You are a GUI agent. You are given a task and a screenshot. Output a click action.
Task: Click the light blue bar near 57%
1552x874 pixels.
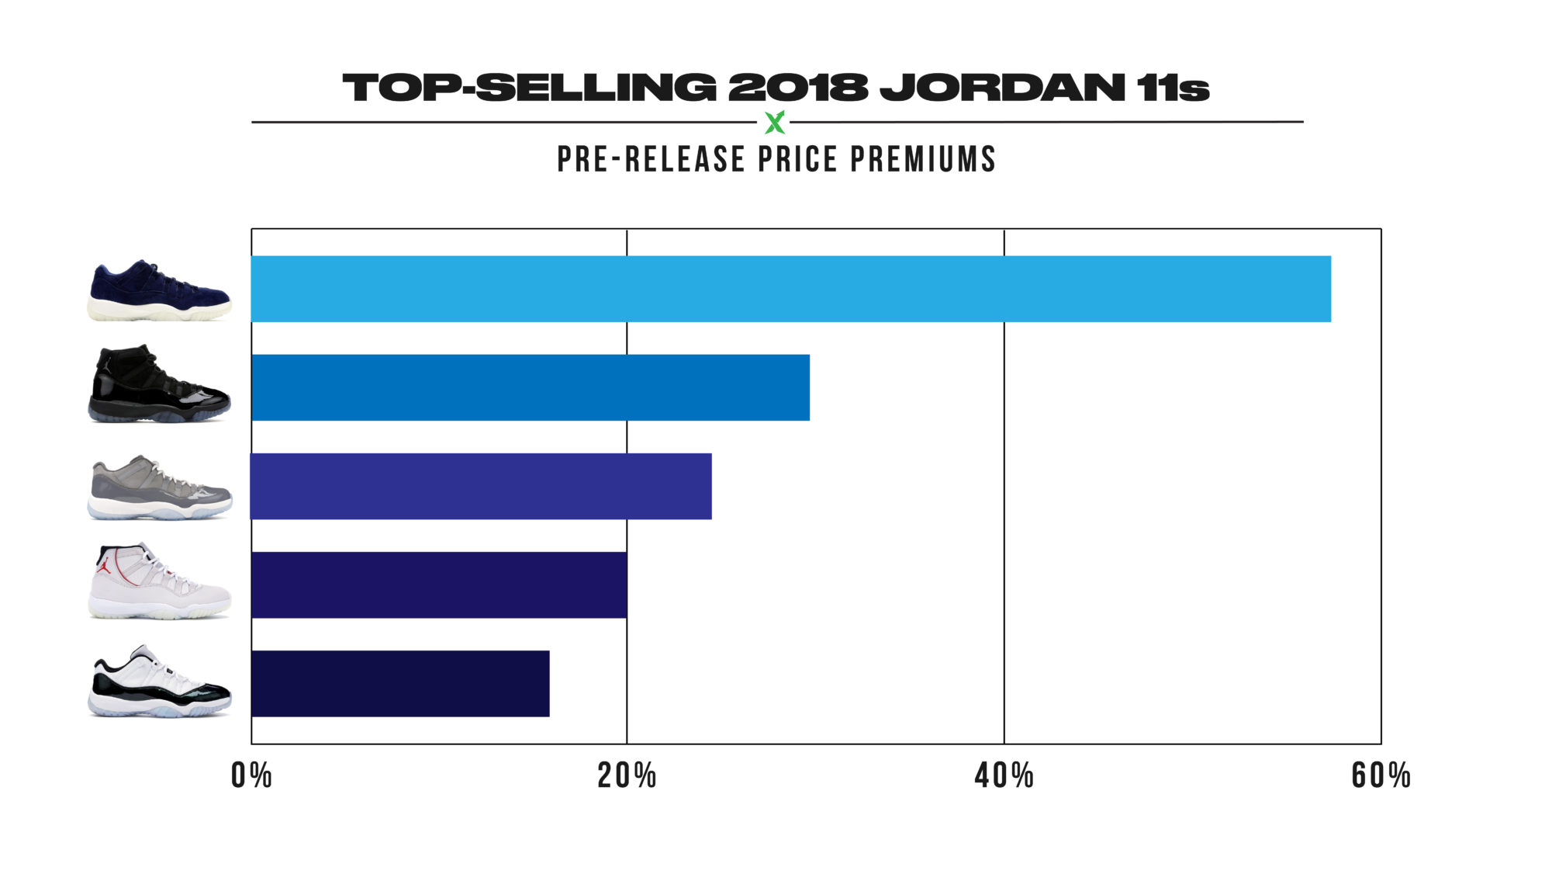click(791, 289)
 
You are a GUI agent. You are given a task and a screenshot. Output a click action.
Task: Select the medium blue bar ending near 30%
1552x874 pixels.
click(531, 387)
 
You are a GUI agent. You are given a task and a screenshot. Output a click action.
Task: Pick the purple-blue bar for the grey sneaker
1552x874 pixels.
click(481, 486)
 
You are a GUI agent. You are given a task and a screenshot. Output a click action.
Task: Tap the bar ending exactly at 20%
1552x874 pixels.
click(439, 584)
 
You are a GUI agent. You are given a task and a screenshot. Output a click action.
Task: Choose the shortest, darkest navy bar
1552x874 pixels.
click(400, 683)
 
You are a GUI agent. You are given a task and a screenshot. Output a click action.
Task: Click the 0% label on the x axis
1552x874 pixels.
click(251, 775)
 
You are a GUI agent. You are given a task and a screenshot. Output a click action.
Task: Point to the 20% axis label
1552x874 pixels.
click(627, 775)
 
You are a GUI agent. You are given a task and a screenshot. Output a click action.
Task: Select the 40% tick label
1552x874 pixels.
click(1004, 775)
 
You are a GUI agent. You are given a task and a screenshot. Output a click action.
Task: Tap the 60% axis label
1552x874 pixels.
click(1381, 775)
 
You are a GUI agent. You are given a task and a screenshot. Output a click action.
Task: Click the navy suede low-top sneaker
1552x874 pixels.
click(159, 291)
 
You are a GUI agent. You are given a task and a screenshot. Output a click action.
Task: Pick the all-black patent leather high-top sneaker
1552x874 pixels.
click(159, 386)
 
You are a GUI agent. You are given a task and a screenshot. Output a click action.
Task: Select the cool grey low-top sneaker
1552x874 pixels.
click(159, 487)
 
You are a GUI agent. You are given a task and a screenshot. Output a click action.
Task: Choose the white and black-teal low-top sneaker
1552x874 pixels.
click(159, 682)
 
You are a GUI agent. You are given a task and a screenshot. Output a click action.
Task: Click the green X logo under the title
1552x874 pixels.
click(775, 122)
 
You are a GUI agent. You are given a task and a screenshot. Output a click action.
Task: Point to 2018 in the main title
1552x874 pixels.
click(797, 88)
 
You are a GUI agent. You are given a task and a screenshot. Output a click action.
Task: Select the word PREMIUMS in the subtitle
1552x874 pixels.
click(923, 159)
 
